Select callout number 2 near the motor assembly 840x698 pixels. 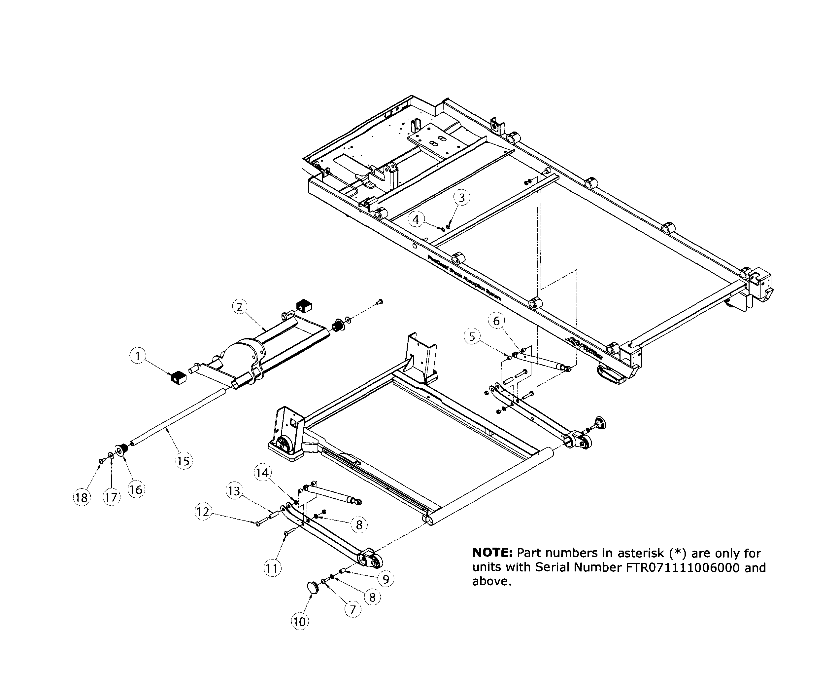pos(239,307)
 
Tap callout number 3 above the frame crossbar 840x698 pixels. pos(462,198)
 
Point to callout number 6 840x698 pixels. pos(496,321)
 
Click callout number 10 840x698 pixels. pos(300,622)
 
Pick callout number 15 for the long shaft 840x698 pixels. pos(183,461)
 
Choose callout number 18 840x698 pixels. pos(82,498)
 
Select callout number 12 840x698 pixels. pos(203,512)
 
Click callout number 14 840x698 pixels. pos(262,473)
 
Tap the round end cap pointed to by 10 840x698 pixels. pos(313,588)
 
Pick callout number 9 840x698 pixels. pos(386,579)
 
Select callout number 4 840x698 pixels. pos(416,219)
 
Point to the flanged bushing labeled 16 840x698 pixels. pos(121,450)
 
